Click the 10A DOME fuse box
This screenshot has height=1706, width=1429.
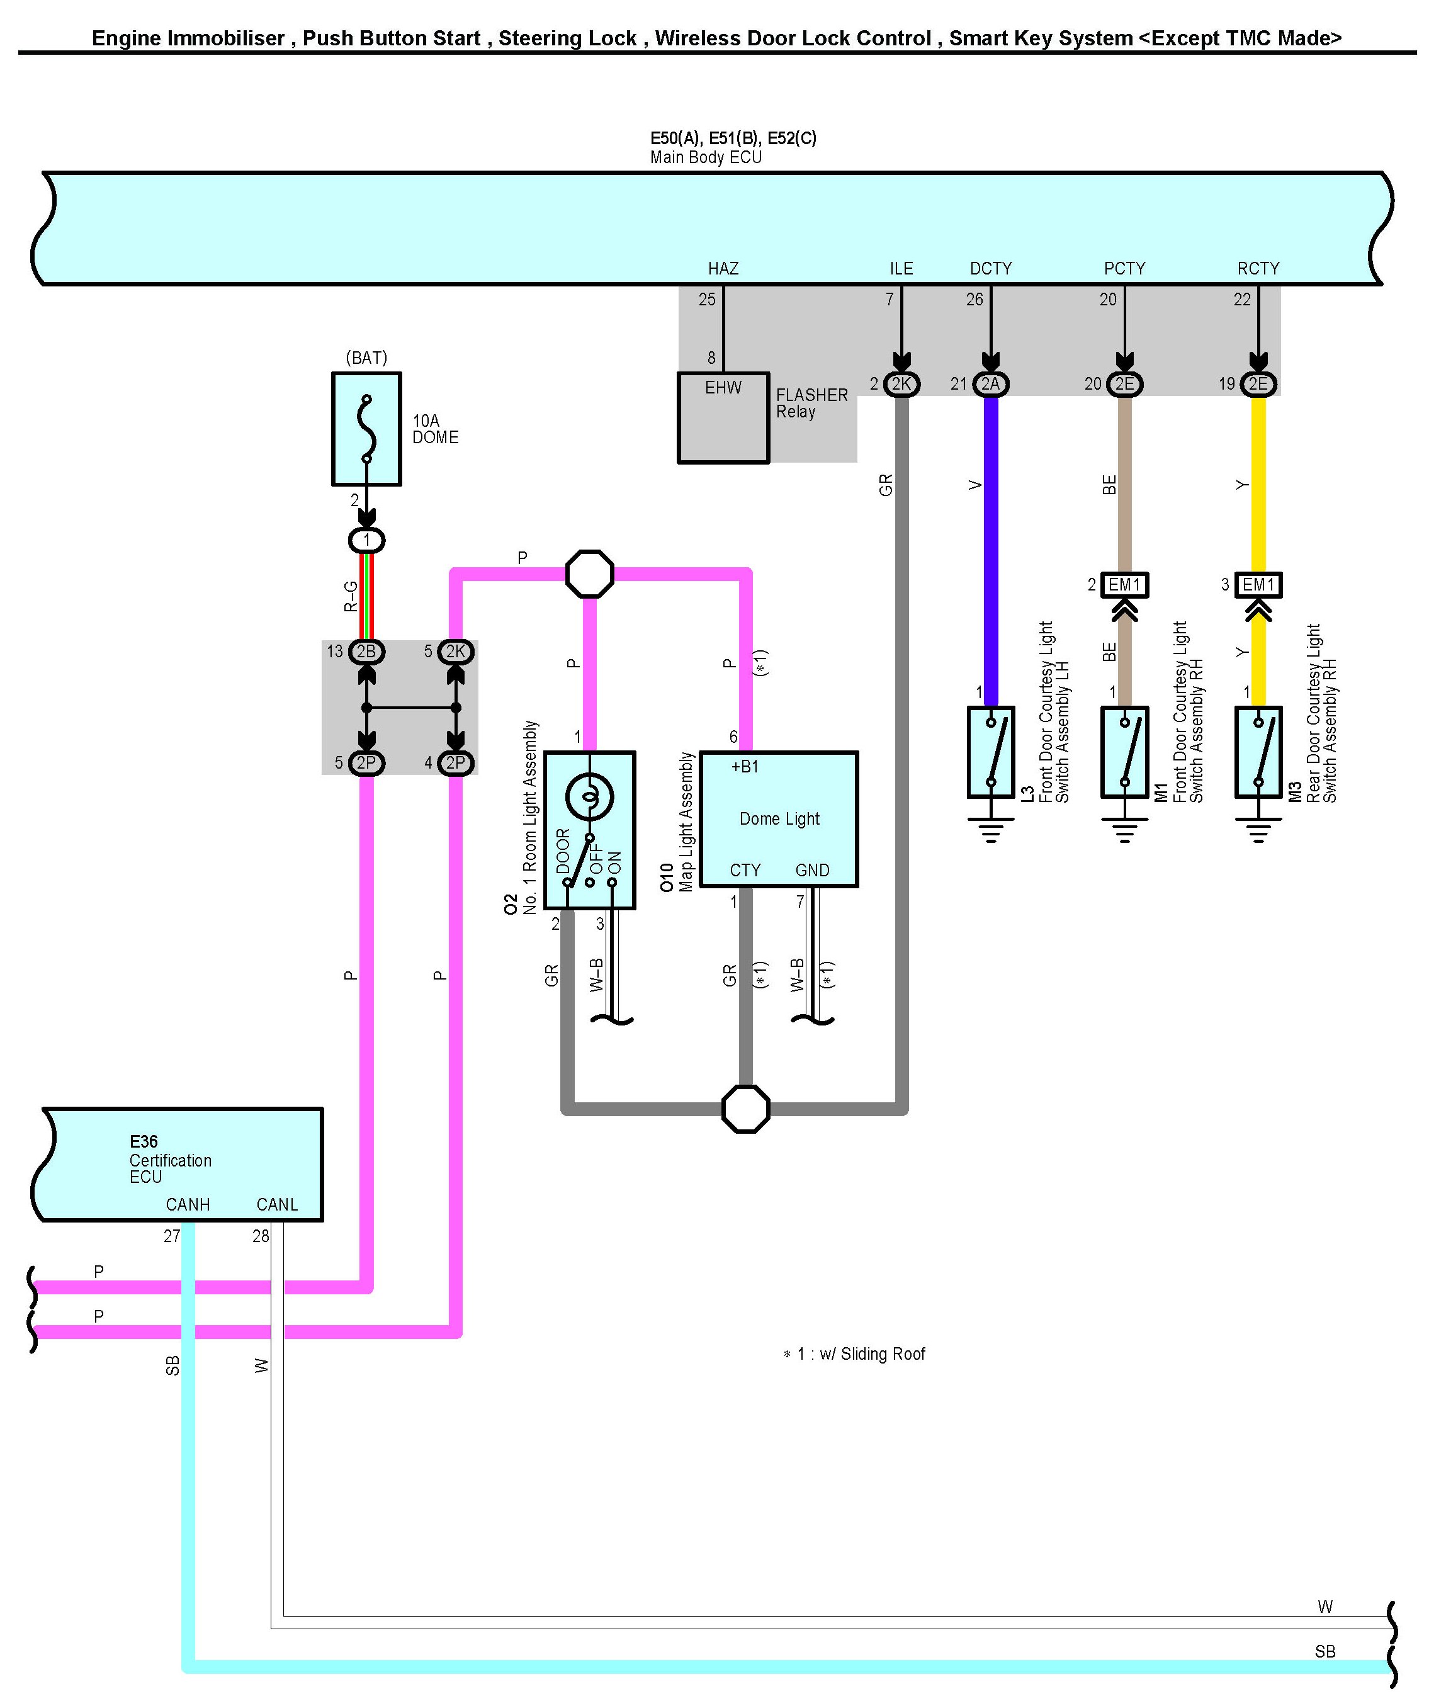tap(366, 429)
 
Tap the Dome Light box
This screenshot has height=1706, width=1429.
tap(779, 819)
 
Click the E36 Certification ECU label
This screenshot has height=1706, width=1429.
tap(170, 1160)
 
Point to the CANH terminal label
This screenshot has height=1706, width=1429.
tap(188, 1205)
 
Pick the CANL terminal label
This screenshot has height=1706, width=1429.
tap(277, 1205)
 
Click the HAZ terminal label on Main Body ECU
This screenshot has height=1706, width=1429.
tap(723, 269)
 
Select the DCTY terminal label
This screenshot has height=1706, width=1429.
tap(990, 269)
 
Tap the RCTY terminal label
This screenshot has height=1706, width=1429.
tap(1258, 269)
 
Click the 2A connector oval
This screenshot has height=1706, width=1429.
tap(990, 384)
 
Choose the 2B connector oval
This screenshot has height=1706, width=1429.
tap(366, 652)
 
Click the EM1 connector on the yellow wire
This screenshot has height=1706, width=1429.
tap(1258, 585)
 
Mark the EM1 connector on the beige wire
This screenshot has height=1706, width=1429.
tap(1124, 585)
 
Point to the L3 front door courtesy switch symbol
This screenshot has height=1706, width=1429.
tap(991, 752)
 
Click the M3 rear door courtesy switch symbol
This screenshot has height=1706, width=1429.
tap(1258, 752)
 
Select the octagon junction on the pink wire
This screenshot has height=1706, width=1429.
tap(590, 574)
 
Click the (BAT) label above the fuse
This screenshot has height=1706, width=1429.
tap(366, 358)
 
